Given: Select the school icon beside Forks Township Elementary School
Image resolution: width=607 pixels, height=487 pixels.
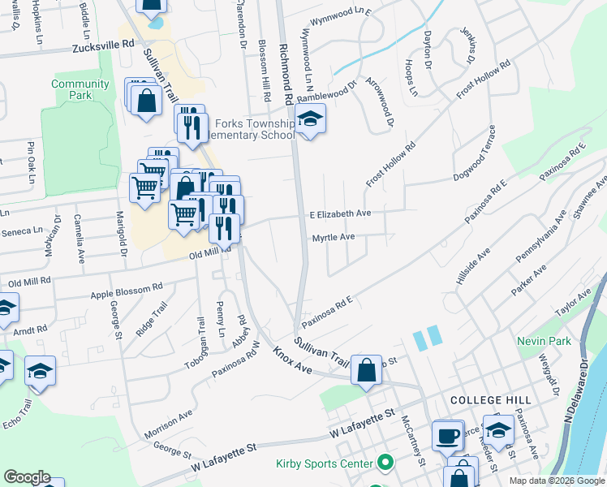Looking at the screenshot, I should click(308, 120).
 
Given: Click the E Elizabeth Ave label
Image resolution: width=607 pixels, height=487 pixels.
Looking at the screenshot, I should click(340, 213).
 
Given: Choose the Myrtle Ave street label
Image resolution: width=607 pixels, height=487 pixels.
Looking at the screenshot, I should click(334, 237).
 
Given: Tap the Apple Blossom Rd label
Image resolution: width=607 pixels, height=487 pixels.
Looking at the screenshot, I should click(127, 288).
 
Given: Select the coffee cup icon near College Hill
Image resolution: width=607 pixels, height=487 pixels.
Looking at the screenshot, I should click(446, 436).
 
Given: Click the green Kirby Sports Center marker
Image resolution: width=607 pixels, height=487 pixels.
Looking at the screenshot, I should click(385, 464).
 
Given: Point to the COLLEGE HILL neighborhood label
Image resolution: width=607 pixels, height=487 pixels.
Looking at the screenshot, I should click(490, 400).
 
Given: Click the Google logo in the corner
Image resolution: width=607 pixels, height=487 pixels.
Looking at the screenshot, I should click(28, 477).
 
